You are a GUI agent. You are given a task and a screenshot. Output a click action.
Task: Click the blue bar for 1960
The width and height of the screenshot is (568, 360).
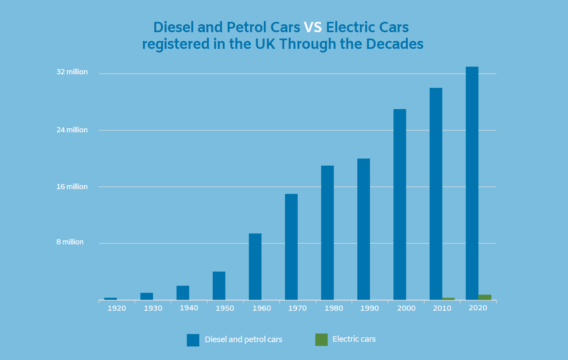coord(255,266)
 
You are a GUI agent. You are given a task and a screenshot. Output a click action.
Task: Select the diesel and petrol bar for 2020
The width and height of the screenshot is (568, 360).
coord(472,183)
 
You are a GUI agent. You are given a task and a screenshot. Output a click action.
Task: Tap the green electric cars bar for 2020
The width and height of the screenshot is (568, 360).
coord(485,297)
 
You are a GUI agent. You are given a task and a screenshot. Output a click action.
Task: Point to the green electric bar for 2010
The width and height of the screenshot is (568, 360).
coord(448,299)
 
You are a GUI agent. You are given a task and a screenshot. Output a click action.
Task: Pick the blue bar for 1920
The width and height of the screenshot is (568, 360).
coord(110,298)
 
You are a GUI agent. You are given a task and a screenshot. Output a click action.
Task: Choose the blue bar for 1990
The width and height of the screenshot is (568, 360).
coord(364,229)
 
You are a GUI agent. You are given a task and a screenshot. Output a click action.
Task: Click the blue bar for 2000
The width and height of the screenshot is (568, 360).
coord(400,204)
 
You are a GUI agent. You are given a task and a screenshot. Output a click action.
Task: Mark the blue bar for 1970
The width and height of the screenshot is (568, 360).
coord(291,246)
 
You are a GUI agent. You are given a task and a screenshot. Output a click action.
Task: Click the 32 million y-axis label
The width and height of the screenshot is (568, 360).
coord(72,72)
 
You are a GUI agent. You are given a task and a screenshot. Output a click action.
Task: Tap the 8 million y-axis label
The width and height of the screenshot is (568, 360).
coord(70,242)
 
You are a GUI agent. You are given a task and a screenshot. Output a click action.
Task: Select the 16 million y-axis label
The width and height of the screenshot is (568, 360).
coord(72,187)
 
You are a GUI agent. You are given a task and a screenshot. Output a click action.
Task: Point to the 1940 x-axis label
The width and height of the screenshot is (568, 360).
coord(189,308)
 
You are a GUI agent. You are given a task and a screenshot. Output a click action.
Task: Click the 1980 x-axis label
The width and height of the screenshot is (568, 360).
coord(333,308)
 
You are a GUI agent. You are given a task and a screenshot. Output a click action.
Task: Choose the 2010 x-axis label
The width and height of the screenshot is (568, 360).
coord(442,308)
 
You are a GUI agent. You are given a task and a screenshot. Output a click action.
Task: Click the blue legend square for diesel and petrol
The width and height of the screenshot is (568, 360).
coord(193,340)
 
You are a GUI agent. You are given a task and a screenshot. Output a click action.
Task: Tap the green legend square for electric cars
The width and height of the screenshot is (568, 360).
coord(321,340)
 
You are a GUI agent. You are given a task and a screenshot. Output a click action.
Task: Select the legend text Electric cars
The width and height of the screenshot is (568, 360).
coord(354,339)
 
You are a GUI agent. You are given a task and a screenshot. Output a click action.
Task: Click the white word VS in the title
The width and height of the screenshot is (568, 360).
coord(313,27)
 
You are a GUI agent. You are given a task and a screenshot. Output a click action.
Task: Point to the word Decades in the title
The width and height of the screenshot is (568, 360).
coord(395,44)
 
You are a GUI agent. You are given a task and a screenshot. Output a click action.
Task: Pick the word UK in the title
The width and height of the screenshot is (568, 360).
coord(265,44)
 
